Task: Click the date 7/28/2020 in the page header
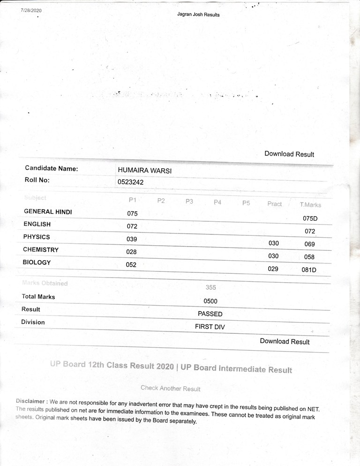tap(31, 10)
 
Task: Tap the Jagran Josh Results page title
tap(198, 15)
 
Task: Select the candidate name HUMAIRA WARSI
tap(144, 171)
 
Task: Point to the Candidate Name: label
tap(52, 168)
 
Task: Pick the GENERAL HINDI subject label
tap(48, 212)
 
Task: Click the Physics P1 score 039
tap(132, 239)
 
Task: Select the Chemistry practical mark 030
tap(273, 256)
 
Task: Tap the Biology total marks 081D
tap(309, 270)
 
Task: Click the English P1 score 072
tap(132, 226)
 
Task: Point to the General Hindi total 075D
tap(310, 218)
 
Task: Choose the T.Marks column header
tap(310, 205)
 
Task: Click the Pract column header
tap(275, 204)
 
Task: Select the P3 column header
tap(189, 201)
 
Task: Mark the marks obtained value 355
tap(210, 287)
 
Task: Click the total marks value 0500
tap(210, 301)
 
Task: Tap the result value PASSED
tap(210, 314)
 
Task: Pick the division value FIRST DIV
tap(210, 327)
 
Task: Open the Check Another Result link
tap(170, 389)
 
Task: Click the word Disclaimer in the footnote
tap(31, 401)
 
